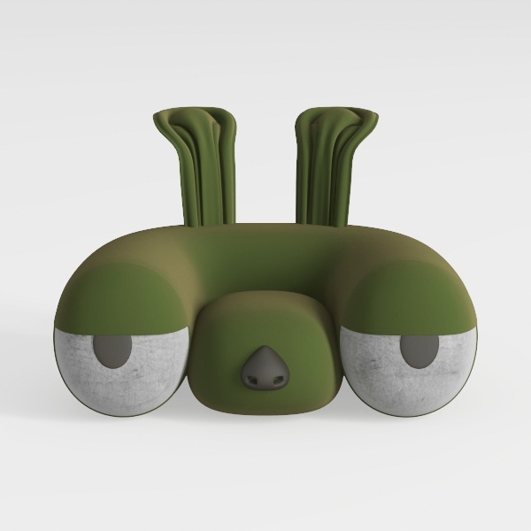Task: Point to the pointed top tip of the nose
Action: pos(264,350)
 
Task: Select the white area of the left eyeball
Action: pos(124,381)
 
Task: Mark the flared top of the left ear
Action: pos(195,119)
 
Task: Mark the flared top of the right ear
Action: pos(337,118)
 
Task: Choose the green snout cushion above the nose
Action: pos(265,319)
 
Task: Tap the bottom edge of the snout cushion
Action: pos(265,414)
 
